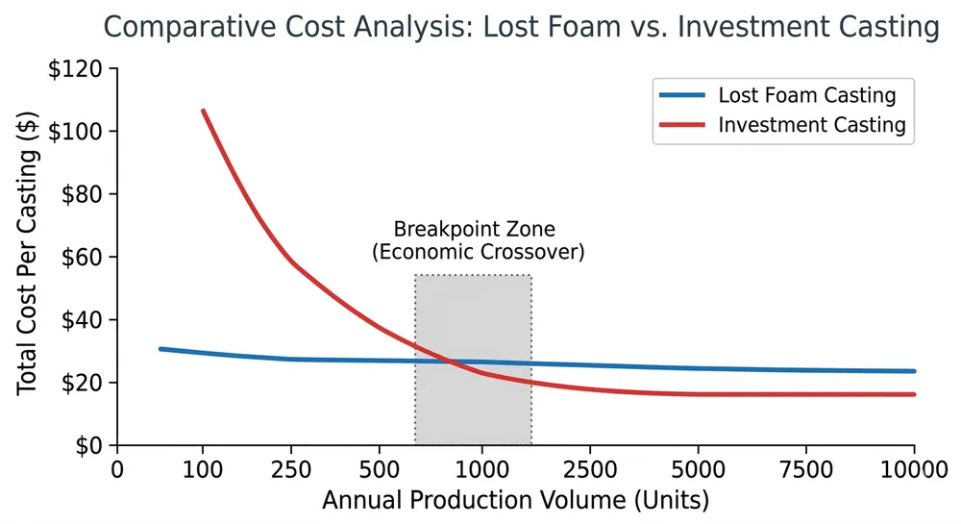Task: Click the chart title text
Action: (x=520, y=27)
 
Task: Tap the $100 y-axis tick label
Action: (x=83, y=131)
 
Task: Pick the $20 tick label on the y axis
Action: (x=87, y=383)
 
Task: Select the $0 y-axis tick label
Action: (x=93, y=445)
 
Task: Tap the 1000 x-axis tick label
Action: (x=481, y=471)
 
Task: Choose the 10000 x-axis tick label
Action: (x=913, y=471)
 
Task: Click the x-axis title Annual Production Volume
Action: (x=515, y=501)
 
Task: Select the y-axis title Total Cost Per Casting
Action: (x=28, y=257)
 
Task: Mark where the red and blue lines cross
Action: (x=450, y=362)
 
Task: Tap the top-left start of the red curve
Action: (x=203, y=111)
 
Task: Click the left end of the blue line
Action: (x=160, y=349)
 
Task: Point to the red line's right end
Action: (x=914, y=394)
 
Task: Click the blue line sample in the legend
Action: (x=682, y=96)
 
